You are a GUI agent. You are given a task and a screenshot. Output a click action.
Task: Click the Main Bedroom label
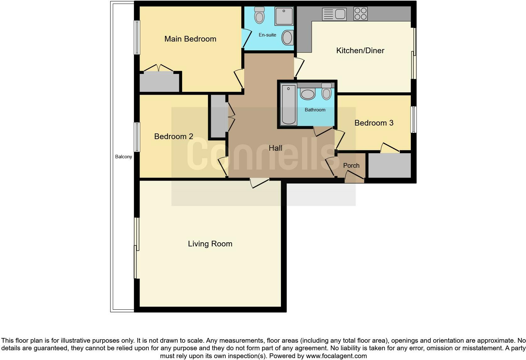click(x=190, y=39)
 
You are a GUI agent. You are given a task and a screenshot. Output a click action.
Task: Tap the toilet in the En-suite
click(x=260, y=15)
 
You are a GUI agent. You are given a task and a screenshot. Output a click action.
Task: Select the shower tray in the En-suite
click(x=284, y=16)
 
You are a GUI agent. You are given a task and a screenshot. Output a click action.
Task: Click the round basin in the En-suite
click(x=287, y=38)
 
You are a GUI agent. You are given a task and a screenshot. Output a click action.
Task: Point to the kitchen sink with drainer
click(x=334, y=14)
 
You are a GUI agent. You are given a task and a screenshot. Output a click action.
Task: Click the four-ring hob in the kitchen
click(x=360, y=14)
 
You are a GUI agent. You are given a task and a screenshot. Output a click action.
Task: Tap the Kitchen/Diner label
click(x=360, y=51)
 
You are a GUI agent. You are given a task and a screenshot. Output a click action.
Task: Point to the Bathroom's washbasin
click(x=308, y=94)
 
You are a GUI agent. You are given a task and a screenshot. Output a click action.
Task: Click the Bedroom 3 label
click(x=374, y=123)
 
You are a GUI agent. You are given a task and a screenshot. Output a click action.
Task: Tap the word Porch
click(x=351, y=166)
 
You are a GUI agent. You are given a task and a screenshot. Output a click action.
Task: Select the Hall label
click(x=275, y=148)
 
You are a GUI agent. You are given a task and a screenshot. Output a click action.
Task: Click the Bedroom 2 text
click(x=174, y=137)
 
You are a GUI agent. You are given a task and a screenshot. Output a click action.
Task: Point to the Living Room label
click(x=210, y=244)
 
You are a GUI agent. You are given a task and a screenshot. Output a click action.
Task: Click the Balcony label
click(x=123, y=157)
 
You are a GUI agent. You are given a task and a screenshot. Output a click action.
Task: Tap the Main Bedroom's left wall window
click(x=137, y=37)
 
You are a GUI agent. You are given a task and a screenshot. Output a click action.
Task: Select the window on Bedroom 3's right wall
click(x=414, y=120)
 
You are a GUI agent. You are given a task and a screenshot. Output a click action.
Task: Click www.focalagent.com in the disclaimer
click(x=336, y=356)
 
